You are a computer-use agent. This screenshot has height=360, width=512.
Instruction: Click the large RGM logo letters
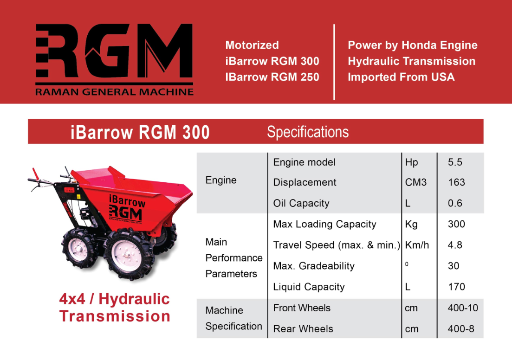click(x=114, y=51)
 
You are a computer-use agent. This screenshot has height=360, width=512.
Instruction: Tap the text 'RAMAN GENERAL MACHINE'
click(x=114, y=92)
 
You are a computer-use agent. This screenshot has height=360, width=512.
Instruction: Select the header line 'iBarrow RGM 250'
click(x=272, y=77)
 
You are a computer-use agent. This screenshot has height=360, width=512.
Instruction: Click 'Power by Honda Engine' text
click(x=412, y=45)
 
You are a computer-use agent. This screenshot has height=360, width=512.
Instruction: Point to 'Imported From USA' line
click(x=401, y=77)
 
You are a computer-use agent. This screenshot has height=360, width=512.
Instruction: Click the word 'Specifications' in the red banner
click(x=308, y=132)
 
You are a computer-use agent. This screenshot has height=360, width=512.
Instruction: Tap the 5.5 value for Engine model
click(x=455, y=162)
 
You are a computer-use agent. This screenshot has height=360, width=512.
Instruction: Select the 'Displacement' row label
click(x=305, y=182)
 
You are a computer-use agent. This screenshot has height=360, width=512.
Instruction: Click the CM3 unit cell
click(x=415, y=182)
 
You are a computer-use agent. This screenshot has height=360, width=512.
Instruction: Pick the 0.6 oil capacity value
click(x=455, y=203)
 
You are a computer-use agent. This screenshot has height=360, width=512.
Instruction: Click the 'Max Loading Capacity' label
click(x=324, y=224)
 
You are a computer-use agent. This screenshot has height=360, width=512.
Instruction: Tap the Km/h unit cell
click(x=417, y=245)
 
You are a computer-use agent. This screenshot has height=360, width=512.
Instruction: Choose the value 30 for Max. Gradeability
click(x=454, y=266)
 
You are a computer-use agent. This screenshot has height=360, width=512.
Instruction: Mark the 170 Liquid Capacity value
click(x=456, y=287)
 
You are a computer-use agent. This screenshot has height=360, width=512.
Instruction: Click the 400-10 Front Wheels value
click(x=463, y=308)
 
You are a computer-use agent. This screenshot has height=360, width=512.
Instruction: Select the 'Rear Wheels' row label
click(x=303, y=328)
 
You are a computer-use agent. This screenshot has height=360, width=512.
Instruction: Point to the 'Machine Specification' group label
click(x=233, y=318)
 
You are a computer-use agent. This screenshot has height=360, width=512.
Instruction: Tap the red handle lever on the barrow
click(x=35, y=174)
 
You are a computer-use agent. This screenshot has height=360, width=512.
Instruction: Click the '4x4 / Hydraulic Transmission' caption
click(x=115, y=308)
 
